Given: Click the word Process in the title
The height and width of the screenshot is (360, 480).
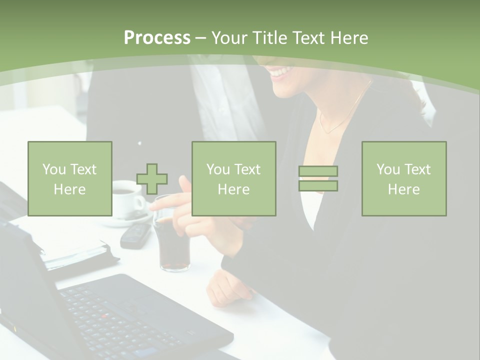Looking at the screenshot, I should [x=157, y=38].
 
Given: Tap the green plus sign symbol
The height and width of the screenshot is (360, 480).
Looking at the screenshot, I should [x=152, y=178].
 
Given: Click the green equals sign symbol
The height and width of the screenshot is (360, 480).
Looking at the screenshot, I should [x=318, y=178].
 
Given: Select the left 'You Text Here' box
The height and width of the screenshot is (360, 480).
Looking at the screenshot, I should [x=70, y=178].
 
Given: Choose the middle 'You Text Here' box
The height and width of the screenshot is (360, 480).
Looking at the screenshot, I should [x=233, y=178].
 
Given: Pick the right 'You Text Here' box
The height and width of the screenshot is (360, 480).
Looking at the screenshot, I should [x=403, y=178].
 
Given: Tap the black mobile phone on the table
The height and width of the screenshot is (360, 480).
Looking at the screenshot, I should [x=136, y=235].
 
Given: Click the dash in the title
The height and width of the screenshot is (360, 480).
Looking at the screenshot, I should [x=201, y=38].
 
